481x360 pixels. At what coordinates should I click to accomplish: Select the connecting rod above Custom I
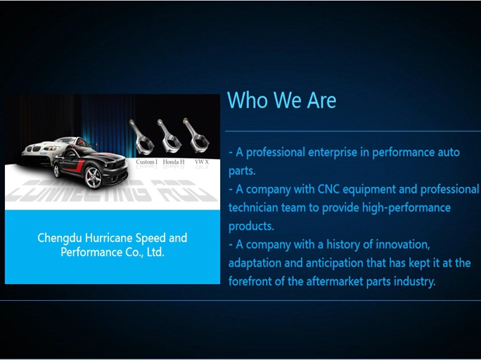[143, 137]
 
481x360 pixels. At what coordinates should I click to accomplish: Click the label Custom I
[146, 162]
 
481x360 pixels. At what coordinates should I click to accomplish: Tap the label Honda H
[174, 162]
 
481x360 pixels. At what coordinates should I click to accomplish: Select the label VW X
[202, 162]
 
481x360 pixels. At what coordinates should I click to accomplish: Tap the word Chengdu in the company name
[60, 238]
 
